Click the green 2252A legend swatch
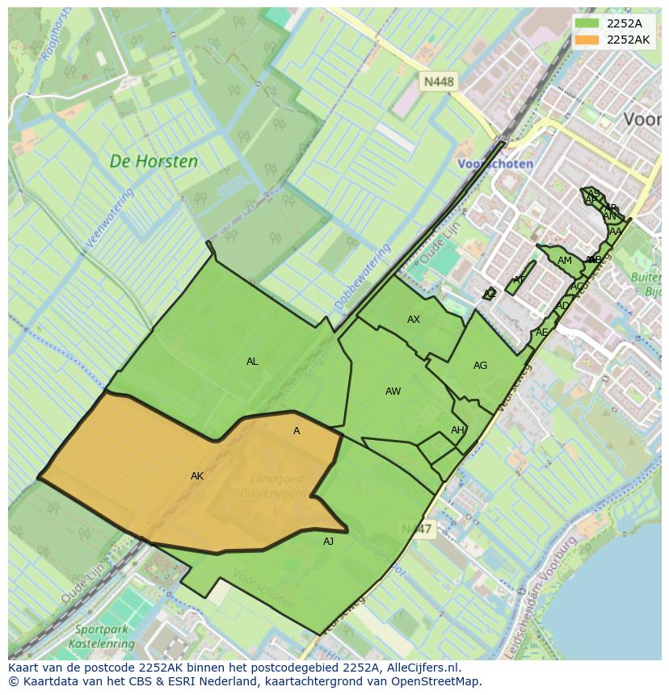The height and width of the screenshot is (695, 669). [587, 23]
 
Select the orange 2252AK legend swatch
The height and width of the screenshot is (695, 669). [587, 40]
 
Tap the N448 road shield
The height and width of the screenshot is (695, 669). [439, 82]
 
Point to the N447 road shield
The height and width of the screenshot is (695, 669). [417, 528]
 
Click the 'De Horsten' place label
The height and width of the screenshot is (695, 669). [154, 161]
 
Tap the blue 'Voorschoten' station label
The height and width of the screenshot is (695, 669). [495, 163]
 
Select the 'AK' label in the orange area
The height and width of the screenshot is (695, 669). [197, 476]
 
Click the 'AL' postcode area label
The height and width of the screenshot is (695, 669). [252, 362]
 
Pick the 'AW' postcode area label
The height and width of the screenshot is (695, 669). [393, 391]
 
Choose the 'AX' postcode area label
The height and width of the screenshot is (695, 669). [414, 320]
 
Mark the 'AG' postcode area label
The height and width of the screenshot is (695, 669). [480, 366]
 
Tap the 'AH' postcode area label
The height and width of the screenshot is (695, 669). [457, 430]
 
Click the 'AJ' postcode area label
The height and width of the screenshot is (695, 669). [328, 542]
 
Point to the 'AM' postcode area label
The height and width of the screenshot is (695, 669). [565, 261]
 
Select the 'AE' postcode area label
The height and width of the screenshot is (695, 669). [541, 333]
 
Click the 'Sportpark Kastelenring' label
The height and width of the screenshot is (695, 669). [104, 636]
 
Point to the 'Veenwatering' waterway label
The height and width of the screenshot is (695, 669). [109, 218]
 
